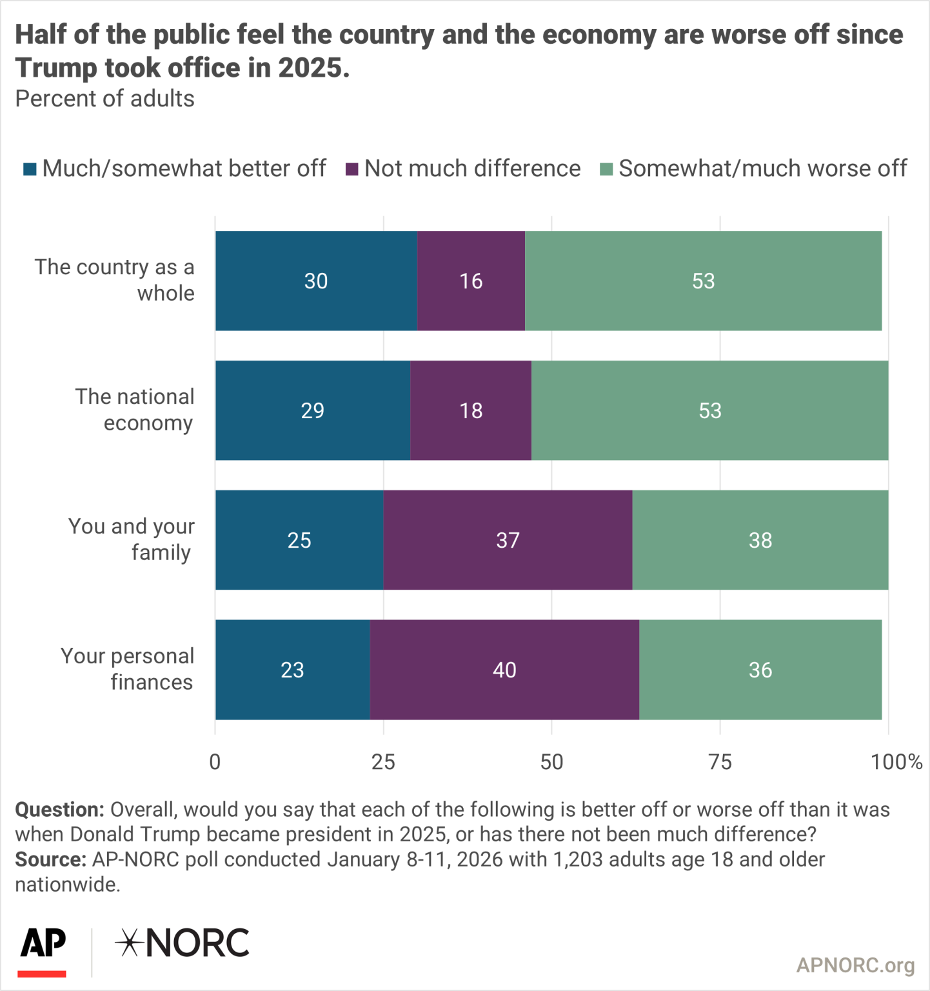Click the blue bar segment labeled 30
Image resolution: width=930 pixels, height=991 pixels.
tap(316, 281)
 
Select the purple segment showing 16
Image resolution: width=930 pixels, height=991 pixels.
tap(471, 281)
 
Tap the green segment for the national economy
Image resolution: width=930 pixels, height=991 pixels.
tap(709, 410)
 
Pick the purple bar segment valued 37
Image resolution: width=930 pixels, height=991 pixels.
tap(508, 540)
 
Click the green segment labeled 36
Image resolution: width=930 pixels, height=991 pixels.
tap(760, 670)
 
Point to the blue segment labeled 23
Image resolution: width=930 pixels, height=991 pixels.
tap(292, 670)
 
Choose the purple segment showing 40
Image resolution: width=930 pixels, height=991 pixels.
tap(504, 670)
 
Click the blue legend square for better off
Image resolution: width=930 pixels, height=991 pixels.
tap(30, 169)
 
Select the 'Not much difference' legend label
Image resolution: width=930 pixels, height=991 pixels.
tap(472, 168)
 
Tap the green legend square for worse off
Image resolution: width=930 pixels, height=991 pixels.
tap(606, 169)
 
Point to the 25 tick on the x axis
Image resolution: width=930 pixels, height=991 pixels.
tap(383, 762)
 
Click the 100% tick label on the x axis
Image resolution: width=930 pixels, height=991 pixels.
tap(896, 762)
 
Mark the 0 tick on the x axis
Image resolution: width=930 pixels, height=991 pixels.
tap(215, 762)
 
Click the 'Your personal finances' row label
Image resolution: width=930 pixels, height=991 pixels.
tap(127, 669)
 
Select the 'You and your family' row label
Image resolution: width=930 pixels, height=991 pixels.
tap(131, 539)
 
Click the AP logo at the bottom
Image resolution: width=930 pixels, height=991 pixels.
tap(43, 948)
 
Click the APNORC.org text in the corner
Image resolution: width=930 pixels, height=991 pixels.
tap(855, 965)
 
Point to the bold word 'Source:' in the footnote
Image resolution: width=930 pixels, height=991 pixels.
tap(50, 859)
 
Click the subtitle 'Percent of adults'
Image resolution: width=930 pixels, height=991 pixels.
tap(104, 99)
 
